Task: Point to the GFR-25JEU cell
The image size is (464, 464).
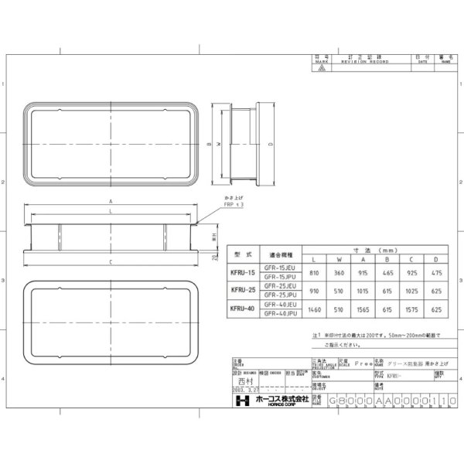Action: [x=279, y=285]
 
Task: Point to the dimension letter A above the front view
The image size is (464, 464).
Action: [x=112, y=200]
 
